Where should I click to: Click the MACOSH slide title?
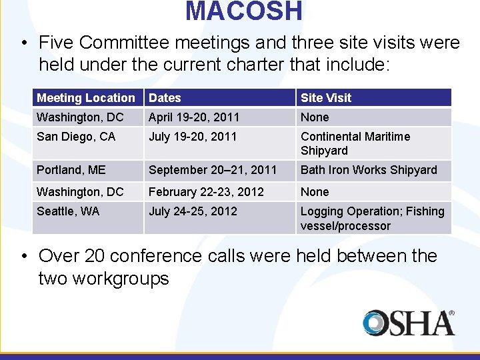[244, 11]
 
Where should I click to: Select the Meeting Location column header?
[86, 98]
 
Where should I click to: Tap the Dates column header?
[165, 98]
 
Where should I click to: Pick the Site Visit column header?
[326, 98]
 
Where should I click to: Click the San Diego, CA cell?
[76, 137]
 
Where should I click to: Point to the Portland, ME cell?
[71, 170]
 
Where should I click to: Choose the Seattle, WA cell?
[68, 211]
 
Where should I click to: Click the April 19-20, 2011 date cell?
[194, 117]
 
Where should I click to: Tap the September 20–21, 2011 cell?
[213, 170]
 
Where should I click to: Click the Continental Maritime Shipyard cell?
[355, 143]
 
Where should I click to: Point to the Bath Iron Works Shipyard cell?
[369, 170]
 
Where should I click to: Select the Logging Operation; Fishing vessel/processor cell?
[372, 218]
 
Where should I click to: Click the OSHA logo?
[409, 323]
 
